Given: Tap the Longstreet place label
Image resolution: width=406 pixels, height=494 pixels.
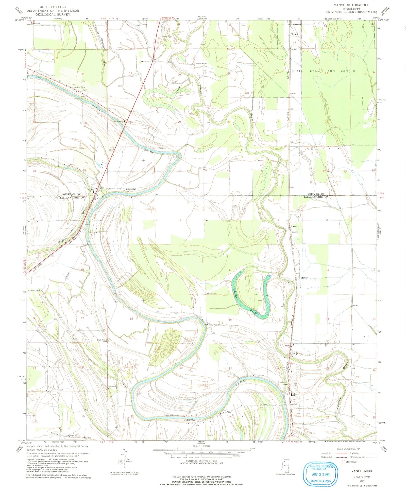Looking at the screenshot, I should [x=145, y=61].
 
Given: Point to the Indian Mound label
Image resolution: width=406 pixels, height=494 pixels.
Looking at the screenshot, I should [x=201, y=64].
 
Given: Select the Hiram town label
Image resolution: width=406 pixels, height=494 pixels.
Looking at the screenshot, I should [x=294, y=226].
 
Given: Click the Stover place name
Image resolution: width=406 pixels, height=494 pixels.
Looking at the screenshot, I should [x=304, y=278].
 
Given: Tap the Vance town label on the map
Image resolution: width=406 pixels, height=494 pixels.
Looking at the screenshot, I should [x=91, y=190].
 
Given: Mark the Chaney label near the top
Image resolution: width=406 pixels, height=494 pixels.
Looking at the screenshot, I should [x=294, y=34].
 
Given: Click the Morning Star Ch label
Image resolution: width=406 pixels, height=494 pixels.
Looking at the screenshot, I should [x=213, y=325].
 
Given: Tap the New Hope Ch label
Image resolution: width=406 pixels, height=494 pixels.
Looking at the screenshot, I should [x=119, y=121].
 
